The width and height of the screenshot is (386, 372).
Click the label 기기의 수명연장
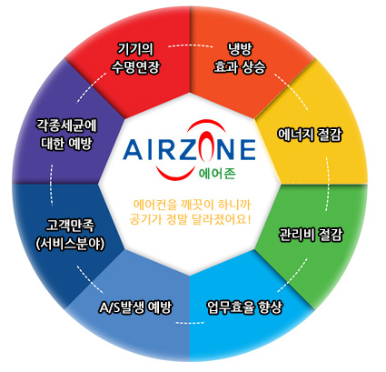tap(134, 58)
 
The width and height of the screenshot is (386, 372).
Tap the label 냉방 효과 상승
tap(240, 58)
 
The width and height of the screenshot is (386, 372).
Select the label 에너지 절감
tap(310, 135)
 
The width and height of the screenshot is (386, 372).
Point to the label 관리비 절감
tap(311, 235)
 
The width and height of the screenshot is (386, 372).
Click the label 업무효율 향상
tap(244, 307)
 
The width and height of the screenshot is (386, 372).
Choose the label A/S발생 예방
tap(135, 307)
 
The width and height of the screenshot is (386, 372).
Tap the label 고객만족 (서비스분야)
tap(70, 235)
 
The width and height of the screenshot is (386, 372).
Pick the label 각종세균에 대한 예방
tap(66, 135)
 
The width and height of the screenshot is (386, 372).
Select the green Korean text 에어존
tap(217, 174)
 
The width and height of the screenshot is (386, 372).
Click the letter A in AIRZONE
tap(132, 150)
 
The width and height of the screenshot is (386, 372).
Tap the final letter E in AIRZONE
tap(248, 150)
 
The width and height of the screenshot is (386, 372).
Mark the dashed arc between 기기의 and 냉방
tap(190, 45)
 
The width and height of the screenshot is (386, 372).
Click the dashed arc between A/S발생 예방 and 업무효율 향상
tap(190, 323)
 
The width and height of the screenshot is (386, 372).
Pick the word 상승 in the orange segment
tap(252, 67)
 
